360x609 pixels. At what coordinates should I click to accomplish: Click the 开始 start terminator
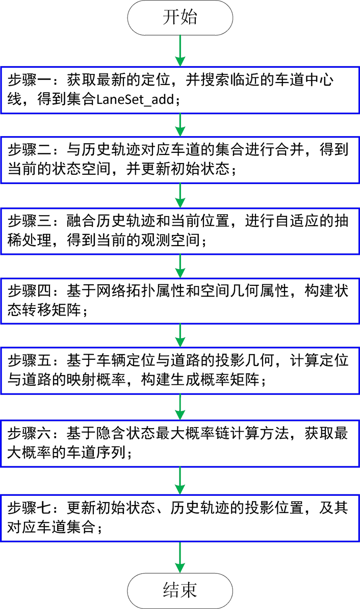[180, 18]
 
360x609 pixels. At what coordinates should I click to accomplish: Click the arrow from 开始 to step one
[180, 50]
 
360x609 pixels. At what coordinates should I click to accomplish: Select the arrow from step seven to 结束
[180, 557]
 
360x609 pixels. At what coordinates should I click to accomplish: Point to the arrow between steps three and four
[180, 264]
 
